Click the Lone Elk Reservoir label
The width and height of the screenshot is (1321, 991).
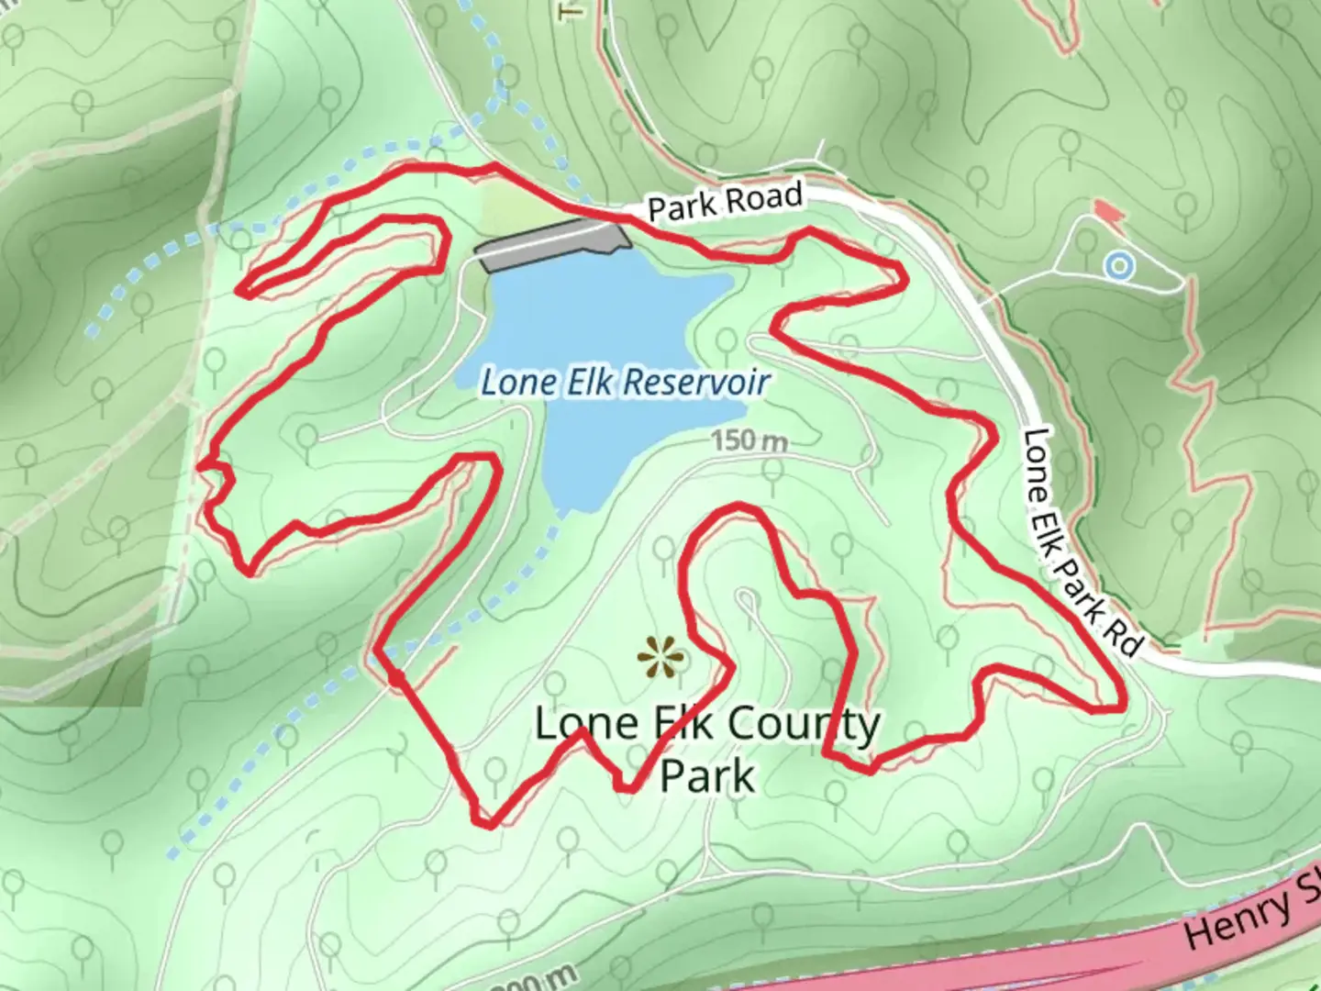tap(625, 382)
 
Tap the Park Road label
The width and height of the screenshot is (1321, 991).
tap(725, 201)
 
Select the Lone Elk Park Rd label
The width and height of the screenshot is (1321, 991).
tap(1082, 541)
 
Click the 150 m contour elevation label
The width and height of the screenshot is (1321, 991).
tap(749, 441)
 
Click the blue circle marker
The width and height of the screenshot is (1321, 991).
tap(1119, 267)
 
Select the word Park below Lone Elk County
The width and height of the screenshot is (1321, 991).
tap(707, 776)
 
